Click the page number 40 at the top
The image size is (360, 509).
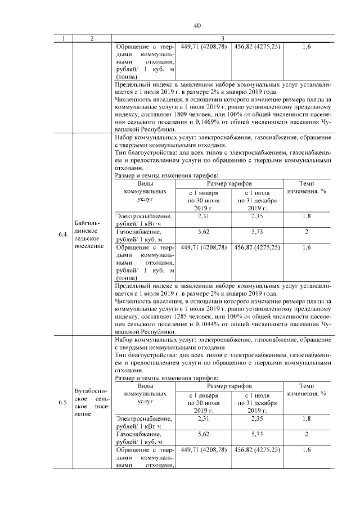[197, 26]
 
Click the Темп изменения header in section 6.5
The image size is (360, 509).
[307, 390]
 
